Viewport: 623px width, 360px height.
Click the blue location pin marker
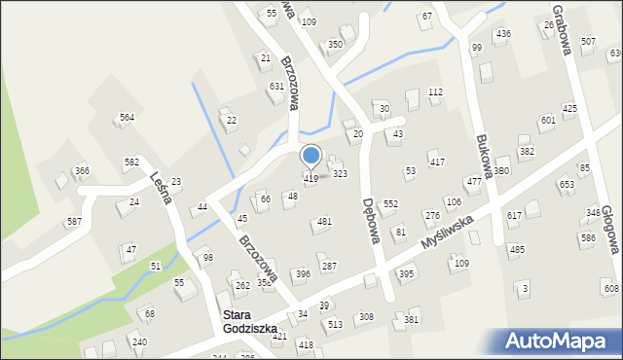pos(311,157)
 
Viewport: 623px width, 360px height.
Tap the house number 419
pos(311,179)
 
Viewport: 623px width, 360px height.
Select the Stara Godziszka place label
pos(250,322)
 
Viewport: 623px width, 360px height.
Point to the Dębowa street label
pos(370,222)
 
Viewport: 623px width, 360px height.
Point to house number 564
pos(127,118)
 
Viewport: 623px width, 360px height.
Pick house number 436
pos(503,34)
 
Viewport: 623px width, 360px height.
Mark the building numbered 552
pos(390,204)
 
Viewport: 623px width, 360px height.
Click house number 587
pos(74,222)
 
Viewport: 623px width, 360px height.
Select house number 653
pos(566,184)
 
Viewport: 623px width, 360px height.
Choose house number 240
pos(139,342)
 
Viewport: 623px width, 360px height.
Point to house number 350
pos(335,45)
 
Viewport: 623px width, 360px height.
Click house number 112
pos(435,91)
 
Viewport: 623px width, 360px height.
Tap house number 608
pos(610,289)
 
